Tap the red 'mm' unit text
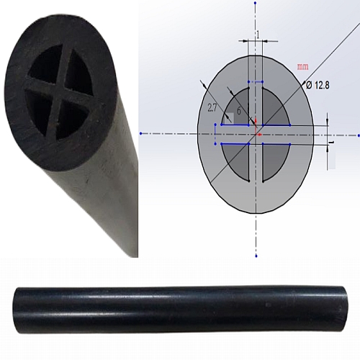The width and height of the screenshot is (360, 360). click(302, 67)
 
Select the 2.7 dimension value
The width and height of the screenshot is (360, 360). click(212, 108)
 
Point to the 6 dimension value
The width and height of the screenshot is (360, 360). click(238, 112)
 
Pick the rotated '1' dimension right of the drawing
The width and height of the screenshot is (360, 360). click(332, 143)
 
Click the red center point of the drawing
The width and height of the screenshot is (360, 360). click(257, 134)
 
